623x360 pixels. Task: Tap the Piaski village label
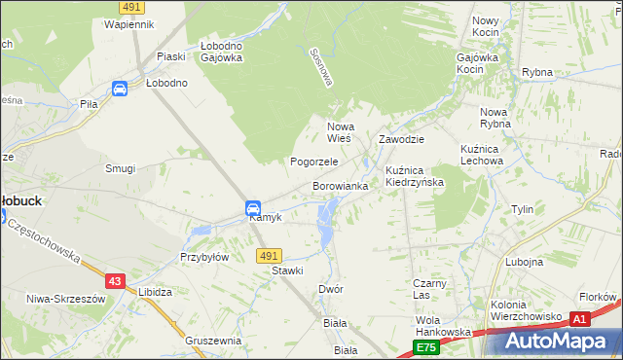click(x=170, y=56)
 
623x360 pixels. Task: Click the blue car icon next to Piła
click(x=120, y=90)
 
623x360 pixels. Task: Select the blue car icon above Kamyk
click(x=252, y=207)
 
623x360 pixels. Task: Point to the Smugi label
click(x=120, y=168)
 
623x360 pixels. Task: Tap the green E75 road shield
click(x=425, y=346)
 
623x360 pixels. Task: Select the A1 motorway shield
click(x=580, y=318)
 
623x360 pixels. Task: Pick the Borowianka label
click(x=340, y=185)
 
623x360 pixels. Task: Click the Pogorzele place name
click(x=314, y=162)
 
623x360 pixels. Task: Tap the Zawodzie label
click(x=402, y=139)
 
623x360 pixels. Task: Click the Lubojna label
click(x=525, y=262)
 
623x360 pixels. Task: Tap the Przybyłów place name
click(x=204, y=258)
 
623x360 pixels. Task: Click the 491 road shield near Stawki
click(x=270, y=256)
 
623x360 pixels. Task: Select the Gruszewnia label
click(x=212, y=341)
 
